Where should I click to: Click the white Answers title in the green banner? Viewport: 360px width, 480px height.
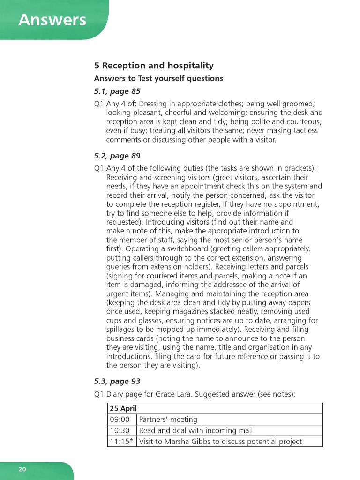click(52, 20)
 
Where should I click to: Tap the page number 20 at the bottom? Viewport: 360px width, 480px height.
click(22, 469)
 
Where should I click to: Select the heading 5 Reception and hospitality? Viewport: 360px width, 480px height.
click(154, 66)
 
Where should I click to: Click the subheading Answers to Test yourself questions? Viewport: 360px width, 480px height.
click(158, 78)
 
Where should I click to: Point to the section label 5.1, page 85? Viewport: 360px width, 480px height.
click(117, 91)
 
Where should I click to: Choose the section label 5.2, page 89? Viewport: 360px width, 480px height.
click(117, 156)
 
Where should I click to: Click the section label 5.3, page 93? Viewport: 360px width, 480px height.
click(117, 382)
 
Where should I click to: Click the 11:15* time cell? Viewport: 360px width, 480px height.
click(121, 442)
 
